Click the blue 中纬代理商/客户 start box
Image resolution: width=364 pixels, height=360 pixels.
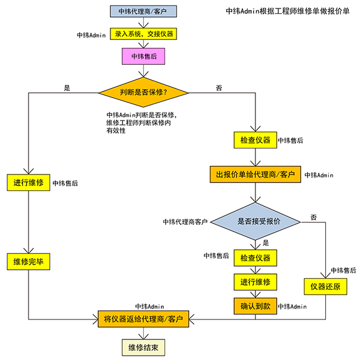pos(144,10)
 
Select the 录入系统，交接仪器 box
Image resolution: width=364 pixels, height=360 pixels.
pos(144,33)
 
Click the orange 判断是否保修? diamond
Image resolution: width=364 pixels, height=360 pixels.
pos(144,93)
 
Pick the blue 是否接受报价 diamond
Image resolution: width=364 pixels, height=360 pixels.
pos(255,222)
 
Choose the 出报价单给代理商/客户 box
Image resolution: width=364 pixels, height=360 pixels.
pos(255,175)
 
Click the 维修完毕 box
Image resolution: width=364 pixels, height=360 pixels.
pos(29,262)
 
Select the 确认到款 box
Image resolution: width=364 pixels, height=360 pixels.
pos(255,307)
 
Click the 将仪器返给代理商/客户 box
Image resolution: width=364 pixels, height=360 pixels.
pos(144,318)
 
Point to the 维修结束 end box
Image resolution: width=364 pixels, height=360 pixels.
pos(144,347)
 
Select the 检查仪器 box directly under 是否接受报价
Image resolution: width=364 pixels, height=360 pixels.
pos(255,258)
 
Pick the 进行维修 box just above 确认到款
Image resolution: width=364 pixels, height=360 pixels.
pos(255,282)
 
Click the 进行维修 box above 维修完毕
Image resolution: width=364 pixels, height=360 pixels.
pos(29,182)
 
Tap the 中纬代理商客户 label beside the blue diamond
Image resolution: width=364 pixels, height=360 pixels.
pos(185,222)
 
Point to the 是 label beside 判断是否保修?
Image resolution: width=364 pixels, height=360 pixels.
pos(67,88)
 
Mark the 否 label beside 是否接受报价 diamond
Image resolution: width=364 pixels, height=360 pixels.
pos(313,217)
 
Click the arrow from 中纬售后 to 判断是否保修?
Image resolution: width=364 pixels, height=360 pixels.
pos(144,72)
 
